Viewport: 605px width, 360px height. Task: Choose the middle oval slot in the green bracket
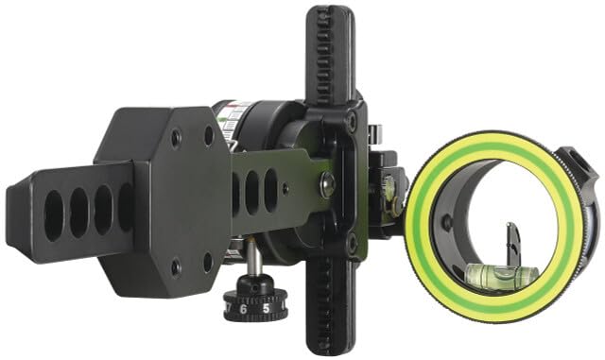click(x=253, y=191)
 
